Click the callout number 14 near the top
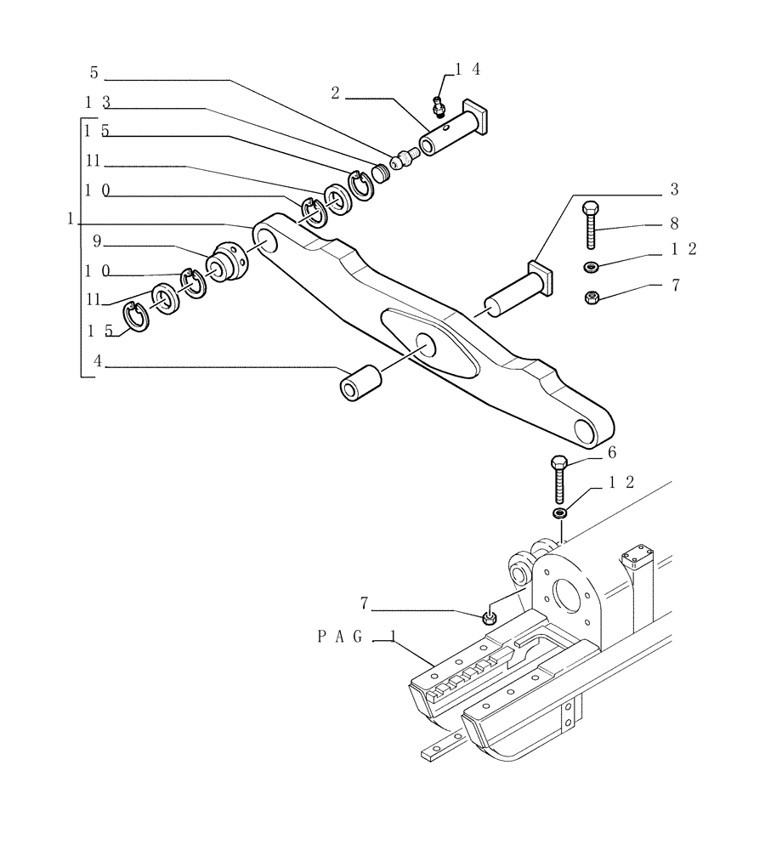point(468,70)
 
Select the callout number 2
point(336,93)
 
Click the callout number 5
point(94,74)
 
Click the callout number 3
point(673,188)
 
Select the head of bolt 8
point(591,207)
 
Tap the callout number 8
point(673,225)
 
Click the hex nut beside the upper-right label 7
point(592,297)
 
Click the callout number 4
point(98,360)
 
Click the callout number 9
point(97,241)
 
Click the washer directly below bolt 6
point(559,513)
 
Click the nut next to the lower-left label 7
point(489,618)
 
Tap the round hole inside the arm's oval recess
point(424,344)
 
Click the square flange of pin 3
point(541,278)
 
